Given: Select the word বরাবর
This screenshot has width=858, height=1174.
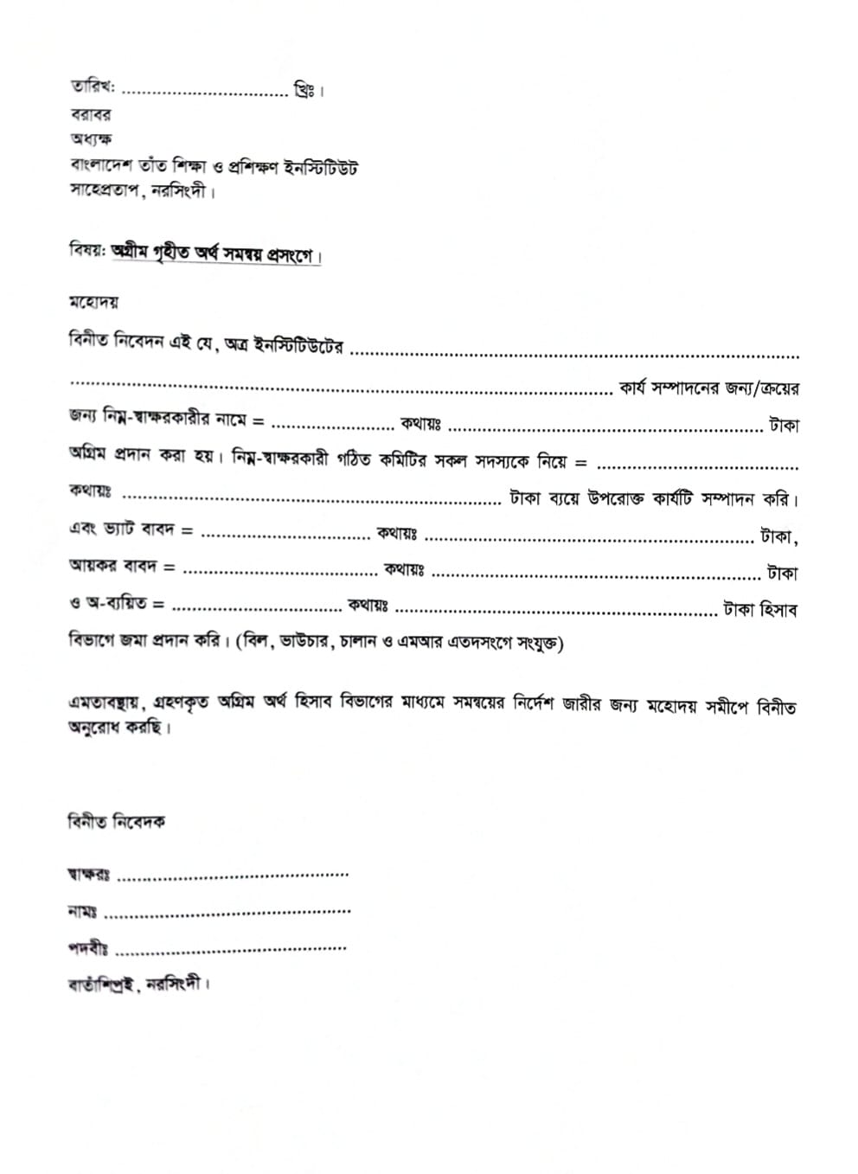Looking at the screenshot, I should click(90, 114).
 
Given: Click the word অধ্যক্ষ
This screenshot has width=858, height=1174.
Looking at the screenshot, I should click(91, 139).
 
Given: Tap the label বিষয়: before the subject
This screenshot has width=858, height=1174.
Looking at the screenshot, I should click(86, 250).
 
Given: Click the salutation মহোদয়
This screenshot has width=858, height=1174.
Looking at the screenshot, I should click(93, 302).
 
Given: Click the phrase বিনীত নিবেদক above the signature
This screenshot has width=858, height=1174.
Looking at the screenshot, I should click(116, 821).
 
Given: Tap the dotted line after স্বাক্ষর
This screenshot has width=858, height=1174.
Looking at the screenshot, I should click(232, 876).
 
